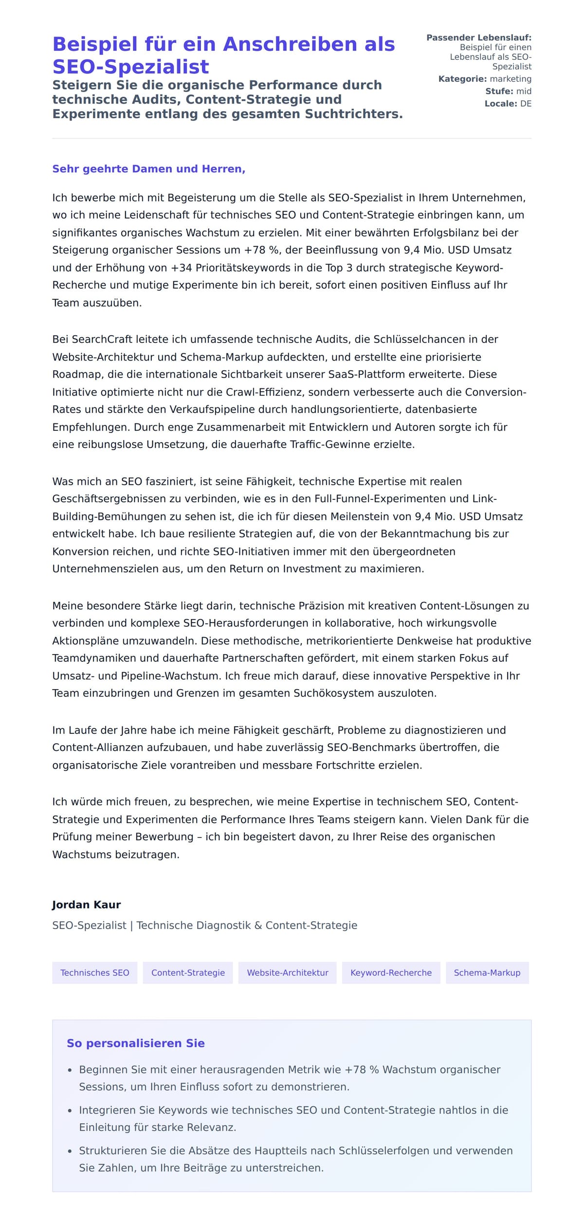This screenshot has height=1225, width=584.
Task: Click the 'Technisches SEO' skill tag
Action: click(94, 972)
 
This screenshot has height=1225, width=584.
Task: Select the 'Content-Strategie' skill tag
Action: click(188, 972)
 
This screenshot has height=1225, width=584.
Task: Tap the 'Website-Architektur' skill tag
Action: click(287, 972)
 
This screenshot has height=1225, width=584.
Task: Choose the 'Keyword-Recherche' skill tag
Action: click(391, 972)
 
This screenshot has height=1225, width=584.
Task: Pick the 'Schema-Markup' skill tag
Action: click(487, 972)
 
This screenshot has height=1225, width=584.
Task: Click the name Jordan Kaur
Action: click(86, 905)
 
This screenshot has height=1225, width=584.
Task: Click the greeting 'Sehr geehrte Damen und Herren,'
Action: click(148, 169)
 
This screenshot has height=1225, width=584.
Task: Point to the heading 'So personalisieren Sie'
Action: click(135, 1043)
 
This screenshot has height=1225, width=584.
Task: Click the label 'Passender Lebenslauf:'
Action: click(478, 37)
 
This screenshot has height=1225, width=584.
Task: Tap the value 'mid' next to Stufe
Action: click(524, 91)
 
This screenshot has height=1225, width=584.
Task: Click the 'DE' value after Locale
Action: click(526, 104)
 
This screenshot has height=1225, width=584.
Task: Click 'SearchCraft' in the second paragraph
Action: click(102, 339)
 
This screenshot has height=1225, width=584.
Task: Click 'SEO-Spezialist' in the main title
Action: click(130, 67)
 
